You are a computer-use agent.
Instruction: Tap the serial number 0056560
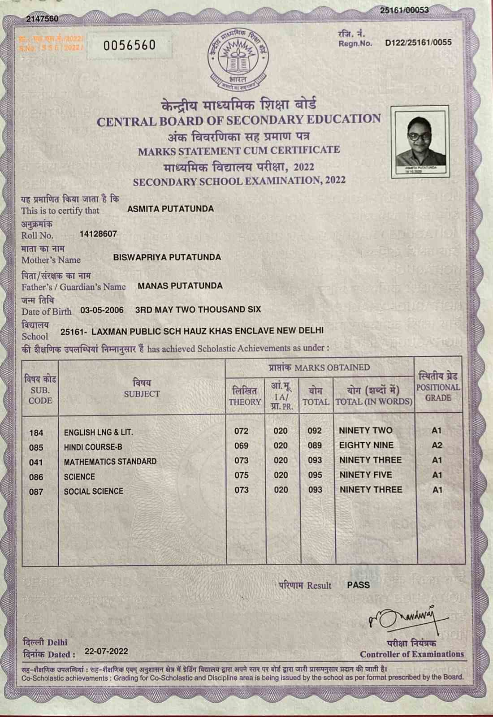pyautogui.click(x=130, y=45)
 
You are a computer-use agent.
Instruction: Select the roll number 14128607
pyautogui.click(x=98, y=234)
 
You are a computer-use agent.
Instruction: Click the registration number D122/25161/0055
pyautogui.click(x=418, y=43)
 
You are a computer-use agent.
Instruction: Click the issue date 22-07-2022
pyautogui.click(x=106, y=651)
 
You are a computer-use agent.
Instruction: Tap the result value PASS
pyautogui.click(x=358, y=585)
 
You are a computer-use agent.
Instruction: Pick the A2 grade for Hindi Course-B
pyautogui.click(x=437, y=445)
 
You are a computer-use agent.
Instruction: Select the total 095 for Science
pyautogui.click(x=315, y=475)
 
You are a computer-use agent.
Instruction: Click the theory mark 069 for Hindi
pyautogui.click(x=242, y=445)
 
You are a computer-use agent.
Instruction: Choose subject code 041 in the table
pyautogui.click(x=36, y=462)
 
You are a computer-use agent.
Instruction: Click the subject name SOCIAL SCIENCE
pyautogui.click(x=93, y=491)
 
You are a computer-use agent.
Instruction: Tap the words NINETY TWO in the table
pyautogui.click(x=365, y=431)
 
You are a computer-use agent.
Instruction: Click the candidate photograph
pyautogui.click(x=419, y=141)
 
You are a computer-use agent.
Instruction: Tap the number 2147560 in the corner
pyautogui.click(x=42, y=18)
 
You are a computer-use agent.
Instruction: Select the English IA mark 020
pyautogui.click(x=281, y=431)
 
